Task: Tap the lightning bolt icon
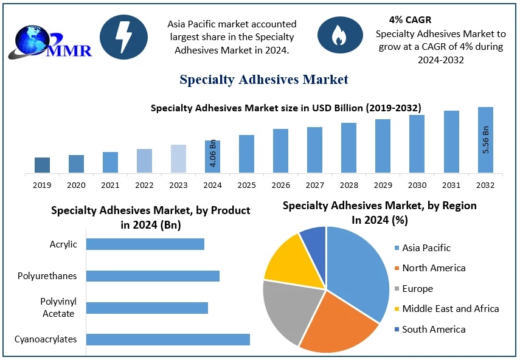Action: click(x=123, y=38)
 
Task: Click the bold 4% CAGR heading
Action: click(x=410, y=20)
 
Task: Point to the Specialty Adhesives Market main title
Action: click(x=264, y=80)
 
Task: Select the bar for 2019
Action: click(x=42, y=165)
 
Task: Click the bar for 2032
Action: click(x=485, y=140)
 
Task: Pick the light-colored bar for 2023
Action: click(x=178, y=159)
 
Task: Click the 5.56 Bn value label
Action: click(x=486, y=139)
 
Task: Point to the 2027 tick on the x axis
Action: click(x=314, y=185)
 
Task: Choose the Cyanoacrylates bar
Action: click(x=168, y=339)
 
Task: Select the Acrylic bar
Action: click(x=145, y=244)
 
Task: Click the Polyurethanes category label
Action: click(x=47, y=276)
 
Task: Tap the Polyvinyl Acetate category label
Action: click(x=58, y=308)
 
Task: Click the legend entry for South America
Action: click(x=434, y=329)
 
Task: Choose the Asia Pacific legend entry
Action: click(x=426, y=247)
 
